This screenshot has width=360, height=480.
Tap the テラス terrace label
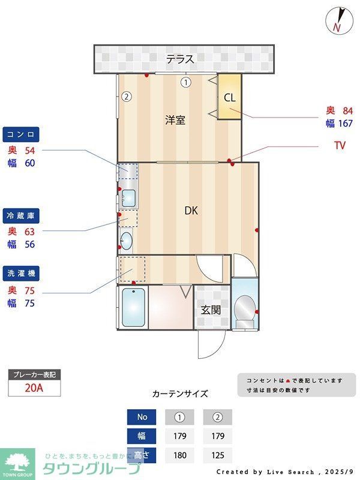180,59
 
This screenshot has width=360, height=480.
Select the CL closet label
229,97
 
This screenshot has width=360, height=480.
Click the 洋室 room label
175,120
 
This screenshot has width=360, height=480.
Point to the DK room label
191,211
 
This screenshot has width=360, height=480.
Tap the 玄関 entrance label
211,310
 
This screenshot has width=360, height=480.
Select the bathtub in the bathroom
134,307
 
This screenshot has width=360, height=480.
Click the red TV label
340,145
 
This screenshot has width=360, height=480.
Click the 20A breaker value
34,388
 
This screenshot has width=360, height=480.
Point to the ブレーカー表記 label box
34,374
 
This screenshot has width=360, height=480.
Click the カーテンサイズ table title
180,394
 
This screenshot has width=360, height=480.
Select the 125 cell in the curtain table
217,455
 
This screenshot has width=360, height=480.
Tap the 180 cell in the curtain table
180,455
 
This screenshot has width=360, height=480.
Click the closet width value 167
344,124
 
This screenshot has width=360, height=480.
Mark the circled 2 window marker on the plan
126,96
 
